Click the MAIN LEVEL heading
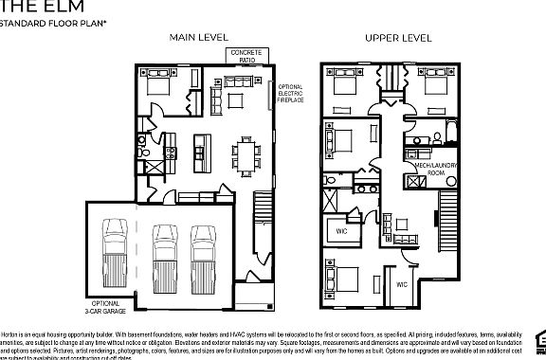(x=198, y=37)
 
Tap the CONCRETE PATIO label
(x=248, y=56)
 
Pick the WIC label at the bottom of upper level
(x=401, y=283)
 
